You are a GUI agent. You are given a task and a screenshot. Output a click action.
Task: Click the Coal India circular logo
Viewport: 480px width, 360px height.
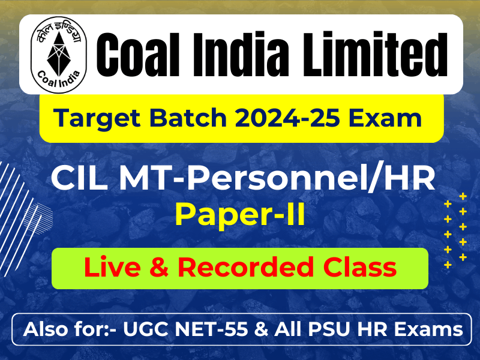[x=58, y=55]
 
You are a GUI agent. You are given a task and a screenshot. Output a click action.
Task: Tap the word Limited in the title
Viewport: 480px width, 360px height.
[x=376, y=55]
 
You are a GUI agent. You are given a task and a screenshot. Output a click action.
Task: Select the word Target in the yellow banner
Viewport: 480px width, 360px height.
[x=97, y=118]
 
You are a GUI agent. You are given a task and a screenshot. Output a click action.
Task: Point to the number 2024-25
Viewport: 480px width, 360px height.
[x=288, y=118]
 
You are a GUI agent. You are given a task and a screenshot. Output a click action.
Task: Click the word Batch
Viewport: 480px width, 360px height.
[x=188, y=118]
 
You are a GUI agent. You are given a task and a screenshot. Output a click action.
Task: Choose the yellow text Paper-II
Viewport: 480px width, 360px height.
[x=240, y=215]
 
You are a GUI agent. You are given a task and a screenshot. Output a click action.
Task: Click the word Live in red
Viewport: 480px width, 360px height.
[x=113, y=267]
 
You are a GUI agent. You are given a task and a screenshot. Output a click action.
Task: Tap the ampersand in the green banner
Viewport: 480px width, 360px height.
[x=159, y=268]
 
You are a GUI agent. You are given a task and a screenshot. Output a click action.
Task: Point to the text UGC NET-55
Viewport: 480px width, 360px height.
[x=185, y=329]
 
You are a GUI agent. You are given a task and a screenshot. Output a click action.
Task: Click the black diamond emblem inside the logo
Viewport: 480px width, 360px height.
[x=59, y=54]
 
